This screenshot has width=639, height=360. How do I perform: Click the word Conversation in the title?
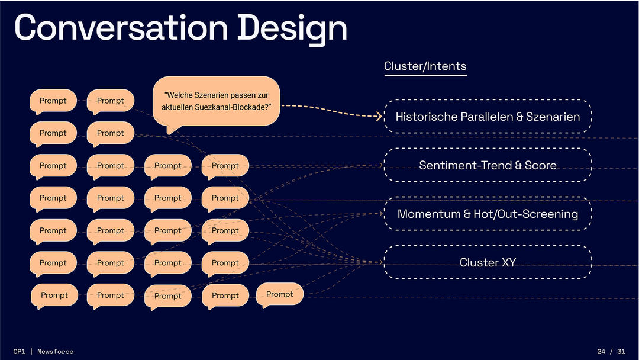pyautogui.click(x=121, y=28)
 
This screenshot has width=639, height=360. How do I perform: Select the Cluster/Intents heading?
pyautogui.click(x=425, y=66)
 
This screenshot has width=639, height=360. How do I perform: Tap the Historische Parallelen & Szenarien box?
pyautogui.click(x=488, y=116)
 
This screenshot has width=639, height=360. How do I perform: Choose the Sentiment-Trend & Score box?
pyautogui.click(x=488, y=165)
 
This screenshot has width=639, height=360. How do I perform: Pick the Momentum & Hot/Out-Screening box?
pyautogui.click(x=488, y=214)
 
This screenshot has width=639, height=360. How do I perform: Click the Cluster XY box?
pyautogui.click(x=488, y=262)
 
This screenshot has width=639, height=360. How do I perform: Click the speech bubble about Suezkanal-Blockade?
pyautogui.click(x=217, y=102)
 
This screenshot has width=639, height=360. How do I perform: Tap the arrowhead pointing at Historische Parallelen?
pyautogui.click(x=379, y=116)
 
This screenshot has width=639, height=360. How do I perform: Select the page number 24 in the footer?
pyautogui.click(x=601, y=352)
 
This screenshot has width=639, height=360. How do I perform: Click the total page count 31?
pyautogui.click(x=621, y=352)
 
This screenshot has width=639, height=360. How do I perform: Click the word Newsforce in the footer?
pyautogui.click(x=56, y=352)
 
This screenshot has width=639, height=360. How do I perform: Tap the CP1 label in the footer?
pyautogui.click(x=19, y=352)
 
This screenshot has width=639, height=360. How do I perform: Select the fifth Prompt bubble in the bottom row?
pyautogui.click(x=279, y=295)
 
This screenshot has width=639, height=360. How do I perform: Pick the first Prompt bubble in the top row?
pyautogui.click(x=53, y=101)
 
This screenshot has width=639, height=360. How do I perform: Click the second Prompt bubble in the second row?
pyautogui.click(x=111, y=133)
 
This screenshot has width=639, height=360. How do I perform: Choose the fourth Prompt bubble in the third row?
pyautogui.click(x=225, y=166)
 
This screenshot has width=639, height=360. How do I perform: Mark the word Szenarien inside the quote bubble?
pyautogui.click(x=209, y=95)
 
